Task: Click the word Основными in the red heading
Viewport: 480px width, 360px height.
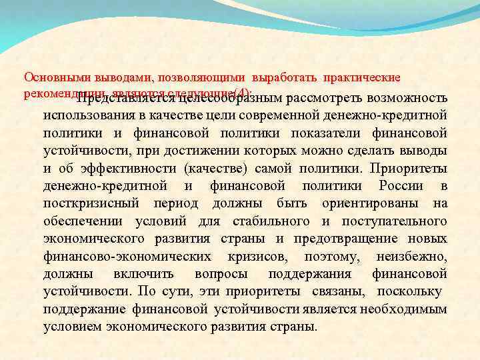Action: click(x=49, y=78)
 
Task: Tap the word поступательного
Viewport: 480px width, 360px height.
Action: click(x=394, y=221)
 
